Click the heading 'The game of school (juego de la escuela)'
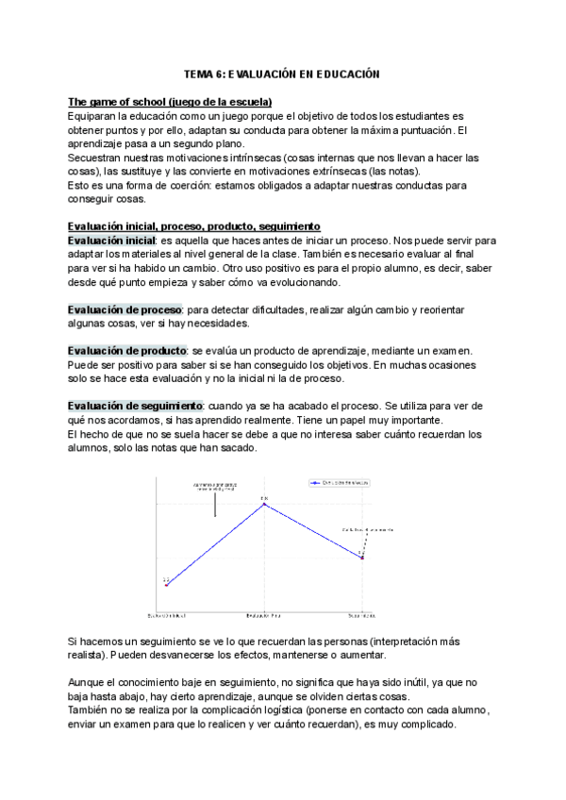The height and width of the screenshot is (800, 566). [170, 102]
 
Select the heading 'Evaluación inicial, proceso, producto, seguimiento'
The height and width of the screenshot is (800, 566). [194, 226]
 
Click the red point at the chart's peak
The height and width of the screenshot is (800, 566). [265, 504]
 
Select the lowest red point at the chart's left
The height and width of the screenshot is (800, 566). [166, 585]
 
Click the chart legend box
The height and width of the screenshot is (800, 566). [339, 482]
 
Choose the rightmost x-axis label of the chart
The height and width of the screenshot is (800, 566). [362, 614]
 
